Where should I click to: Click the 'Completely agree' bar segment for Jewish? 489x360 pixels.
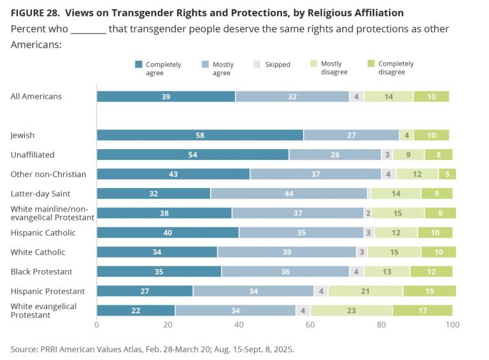(x=200, y=135)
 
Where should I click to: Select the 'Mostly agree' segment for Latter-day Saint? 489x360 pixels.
(x=289, y=194)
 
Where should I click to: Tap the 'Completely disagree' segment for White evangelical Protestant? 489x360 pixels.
(x=422, y=311)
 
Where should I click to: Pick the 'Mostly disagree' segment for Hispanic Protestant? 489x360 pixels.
(x=365, y=291)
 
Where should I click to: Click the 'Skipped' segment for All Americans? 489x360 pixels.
(x=357, y=96)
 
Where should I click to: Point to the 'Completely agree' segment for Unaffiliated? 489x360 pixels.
(x=192, y=155)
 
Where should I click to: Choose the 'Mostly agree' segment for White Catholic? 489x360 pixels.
(x=287, y=252)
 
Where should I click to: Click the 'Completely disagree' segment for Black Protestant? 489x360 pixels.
(x=431, y=271)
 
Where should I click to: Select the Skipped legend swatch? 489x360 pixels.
(x=258, y=64)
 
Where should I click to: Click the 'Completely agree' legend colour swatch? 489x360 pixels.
(x=138, y=64)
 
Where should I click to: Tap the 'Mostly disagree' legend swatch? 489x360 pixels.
(x=313, y=64)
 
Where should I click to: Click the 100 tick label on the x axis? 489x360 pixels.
(x=452, y=325)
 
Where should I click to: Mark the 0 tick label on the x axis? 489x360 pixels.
(x=97, y=325)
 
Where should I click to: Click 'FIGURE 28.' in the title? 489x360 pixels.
(x=35, y=13)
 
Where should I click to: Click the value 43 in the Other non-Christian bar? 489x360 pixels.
(x=173, y=174)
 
